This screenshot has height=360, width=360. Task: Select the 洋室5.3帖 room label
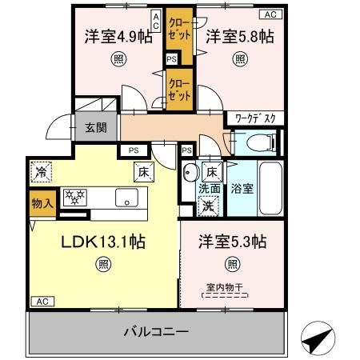pyautogui.click(x=232, y=243)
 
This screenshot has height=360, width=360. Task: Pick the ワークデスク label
pyautogui.click(x=255, y=118)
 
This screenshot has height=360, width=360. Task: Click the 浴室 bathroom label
pyautogui.click(x=242, y=190)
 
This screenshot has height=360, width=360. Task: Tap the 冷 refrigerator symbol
pyautogui.click(x=40, y=170)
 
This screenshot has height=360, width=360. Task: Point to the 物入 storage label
pyautogui.click(x=42, y=203)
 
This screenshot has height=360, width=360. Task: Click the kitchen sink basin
pyautogui.click(x=126, y=197)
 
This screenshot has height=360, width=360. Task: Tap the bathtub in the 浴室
pyautogui.click(x=269, y=191)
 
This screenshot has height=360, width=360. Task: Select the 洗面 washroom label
pyautogui.click(x=208, y=189)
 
